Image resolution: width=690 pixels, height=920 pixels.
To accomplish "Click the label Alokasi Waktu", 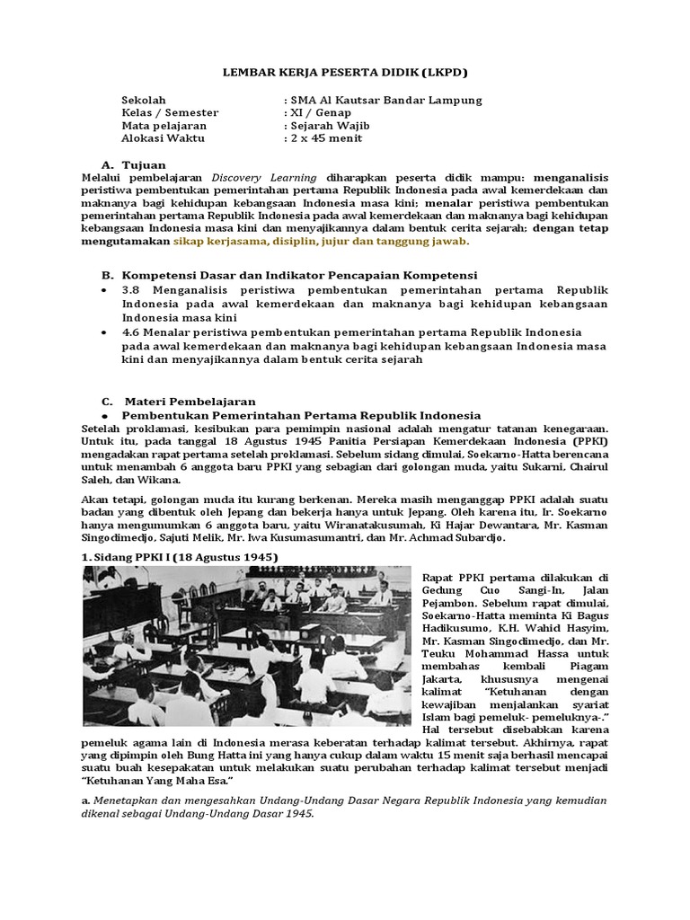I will coord(163,138).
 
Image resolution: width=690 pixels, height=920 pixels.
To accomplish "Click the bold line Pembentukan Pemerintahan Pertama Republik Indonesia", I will coord(301,415).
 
